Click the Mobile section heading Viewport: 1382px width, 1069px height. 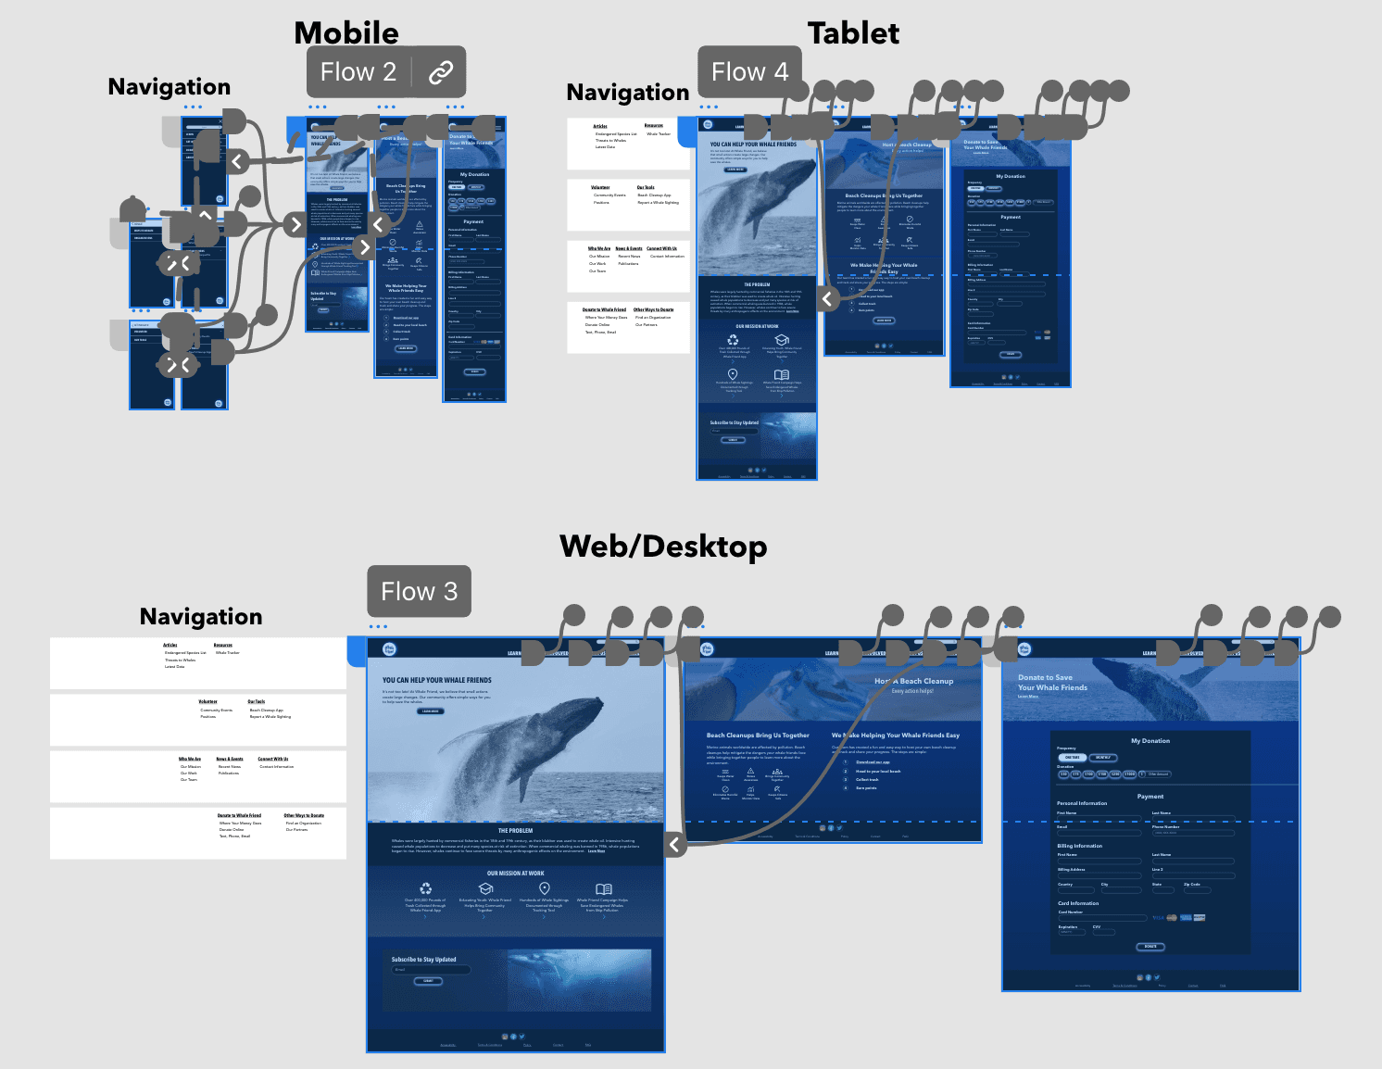tap(346, 33)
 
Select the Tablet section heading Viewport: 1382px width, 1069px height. tap(853, 34)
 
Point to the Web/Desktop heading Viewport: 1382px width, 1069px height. tap(663, 547)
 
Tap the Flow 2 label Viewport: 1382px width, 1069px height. tap(358, 72)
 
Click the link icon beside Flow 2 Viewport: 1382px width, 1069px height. tap(441, 72)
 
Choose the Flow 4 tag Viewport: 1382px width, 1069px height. tap(749, 72)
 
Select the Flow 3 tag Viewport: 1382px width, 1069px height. tap(419, 592)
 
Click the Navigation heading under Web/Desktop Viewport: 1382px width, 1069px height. tap(201, 617)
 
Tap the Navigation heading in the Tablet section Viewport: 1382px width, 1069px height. tap(628, 93)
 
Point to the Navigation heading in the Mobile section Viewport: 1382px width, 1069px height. tap(170, 87)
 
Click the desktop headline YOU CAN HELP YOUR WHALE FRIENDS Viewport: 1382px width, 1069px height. tap(437, 680)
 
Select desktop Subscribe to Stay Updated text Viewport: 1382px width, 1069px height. tap(423, 960)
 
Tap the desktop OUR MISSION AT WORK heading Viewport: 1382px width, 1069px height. tap(516, 874)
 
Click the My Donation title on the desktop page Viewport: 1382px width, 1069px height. tap(1150, 741)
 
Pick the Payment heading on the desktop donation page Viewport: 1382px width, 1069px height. tap(1150, 797)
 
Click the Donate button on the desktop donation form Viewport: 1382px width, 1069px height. tap(1150, 947)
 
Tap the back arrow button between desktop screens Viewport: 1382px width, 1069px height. tap(674, 844)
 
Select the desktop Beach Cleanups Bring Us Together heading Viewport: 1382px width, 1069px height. tap(758, 736)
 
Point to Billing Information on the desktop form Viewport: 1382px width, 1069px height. tap(1080, 846)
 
